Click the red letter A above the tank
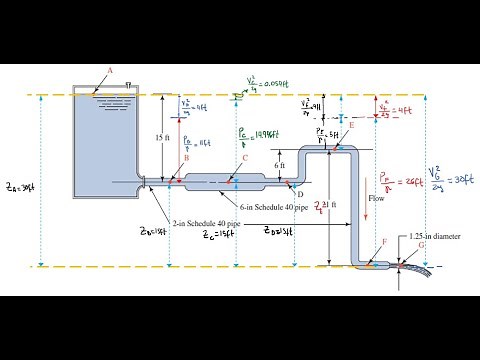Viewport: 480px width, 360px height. pos(109,70)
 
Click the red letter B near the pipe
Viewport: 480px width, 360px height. pos(187,157)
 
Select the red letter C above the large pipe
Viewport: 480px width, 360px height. pos(244,158)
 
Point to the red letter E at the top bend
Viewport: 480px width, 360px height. pos(351,125)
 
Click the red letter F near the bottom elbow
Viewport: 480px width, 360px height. pos(385,243)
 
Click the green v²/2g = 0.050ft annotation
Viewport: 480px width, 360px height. pos(266,83)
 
